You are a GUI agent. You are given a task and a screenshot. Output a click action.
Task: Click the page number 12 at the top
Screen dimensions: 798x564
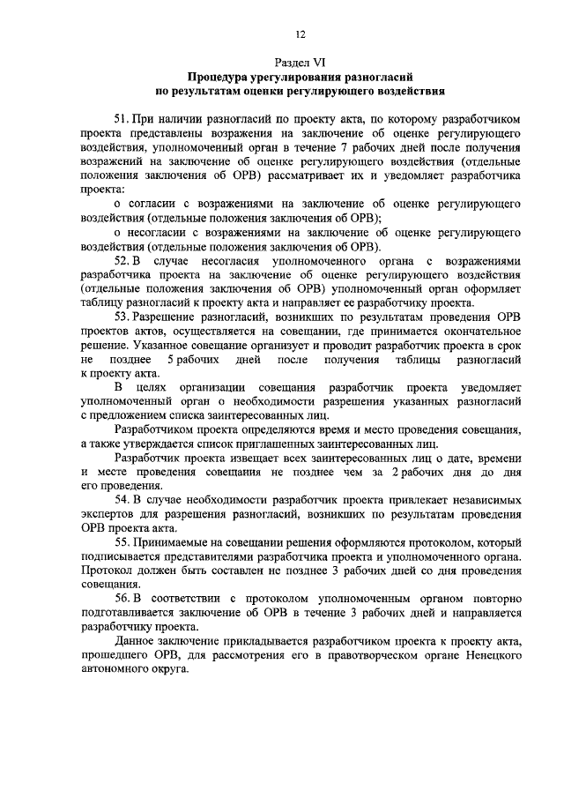[300, 34]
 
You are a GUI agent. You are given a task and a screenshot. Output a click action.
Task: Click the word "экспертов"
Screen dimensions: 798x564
[108, 514]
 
